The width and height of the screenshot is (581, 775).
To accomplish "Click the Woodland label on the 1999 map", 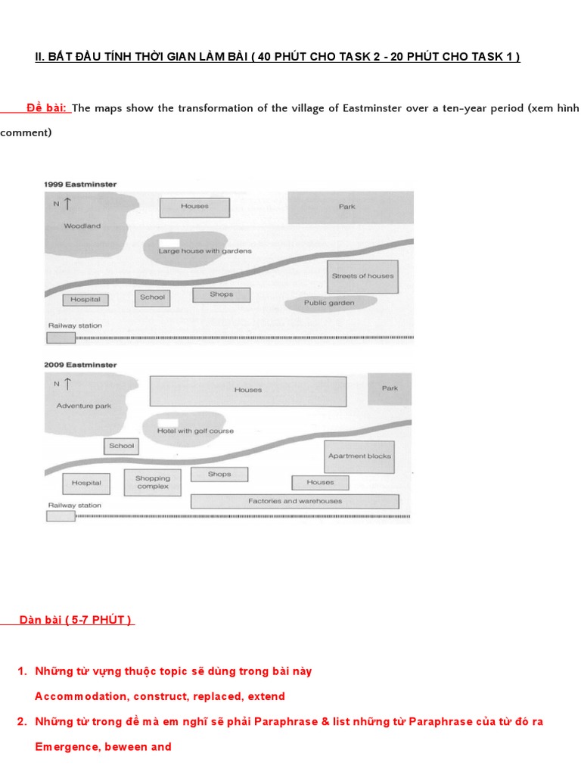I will coord(82,226).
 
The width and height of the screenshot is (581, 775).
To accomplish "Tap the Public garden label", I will coord(329,303).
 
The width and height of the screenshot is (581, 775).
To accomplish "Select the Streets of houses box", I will coord(362,277).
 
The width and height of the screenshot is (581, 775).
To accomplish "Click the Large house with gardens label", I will coord(205,251).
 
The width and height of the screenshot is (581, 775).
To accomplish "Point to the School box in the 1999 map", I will coord(152,297).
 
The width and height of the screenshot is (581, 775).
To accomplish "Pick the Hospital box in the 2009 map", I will coord(86,483).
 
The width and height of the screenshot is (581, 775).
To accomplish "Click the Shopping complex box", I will coord(153,483).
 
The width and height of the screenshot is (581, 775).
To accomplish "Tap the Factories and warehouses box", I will coord(294,501).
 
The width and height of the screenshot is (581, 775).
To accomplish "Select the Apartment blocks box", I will coord(359,456).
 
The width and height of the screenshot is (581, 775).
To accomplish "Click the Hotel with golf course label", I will coord(195,431).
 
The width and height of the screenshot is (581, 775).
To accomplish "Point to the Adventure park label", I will coord(83,406).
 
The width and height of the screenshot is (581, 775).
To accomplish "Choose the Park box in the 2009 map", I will coord(390,388).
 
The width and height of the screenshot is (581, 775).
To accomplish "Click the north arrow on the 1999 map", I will coord(68,203).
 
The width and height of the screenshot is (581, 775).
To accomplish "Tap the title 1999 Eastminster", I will coord(80,184).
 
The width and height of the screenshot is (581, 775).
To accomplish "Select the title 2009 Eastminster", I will coord(80,365).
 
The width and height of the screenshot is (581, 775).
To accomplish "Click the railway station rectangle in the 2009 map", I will coord(61,516).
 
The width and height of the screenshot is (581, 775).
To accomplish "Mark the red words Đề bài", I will coord(47,108).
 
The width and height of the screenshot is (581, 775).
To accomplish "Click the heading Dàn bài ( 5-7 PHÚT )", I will coord(76,621).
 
